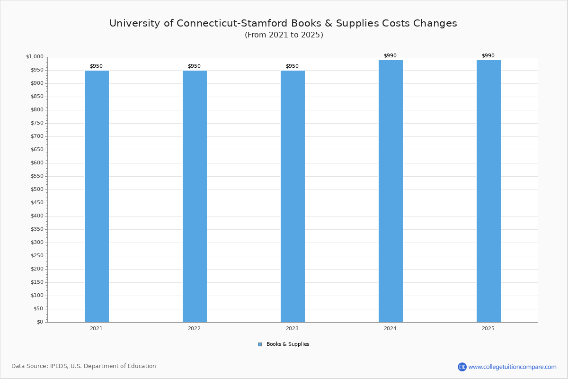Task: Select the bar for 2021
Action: [97, 196]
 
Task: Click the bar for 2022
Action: [195, 196]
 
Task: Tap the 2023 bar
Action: [293, 196]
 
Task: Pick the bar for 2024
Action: [390, 191]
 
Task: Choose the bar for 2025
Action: [488, 191]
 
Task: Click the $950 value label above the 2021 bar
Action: [96, 66]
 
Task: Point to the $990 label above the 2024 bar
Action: [390, 56]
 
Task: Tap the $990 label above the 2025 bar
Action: [488, 56]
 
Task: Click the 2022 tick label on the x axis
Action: [194, 328]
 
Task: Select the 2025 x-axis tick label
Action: [488, 328]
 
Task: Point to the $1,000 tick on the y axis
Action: [35, 57]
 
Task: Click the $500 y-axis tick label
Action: [36, 189]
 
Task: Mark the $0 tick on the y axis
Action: [40, 322]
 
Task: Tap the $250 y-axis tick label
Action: [36, 256]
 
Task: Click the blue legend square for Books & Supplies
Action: [260, 344]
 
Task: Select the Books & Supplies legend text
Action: [288, 344]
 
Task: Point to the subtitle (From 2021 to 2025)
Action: [284, 35]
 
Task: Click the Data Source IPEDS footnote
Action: [84, 366]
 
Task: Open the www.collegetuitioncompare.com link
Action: [512, 367]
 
